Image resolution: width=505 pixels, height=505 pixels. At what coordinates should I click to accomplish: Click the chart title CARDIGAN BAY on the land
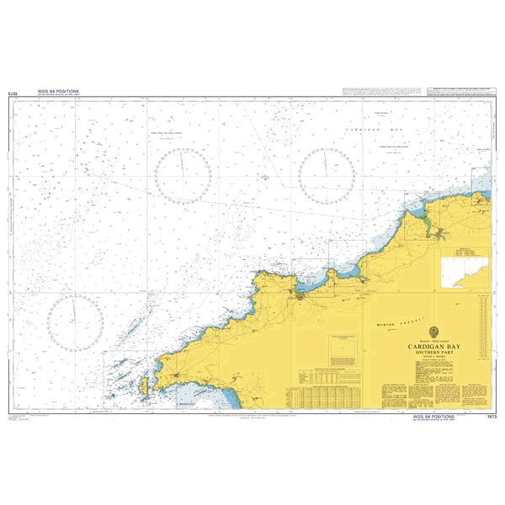tap(433, 345)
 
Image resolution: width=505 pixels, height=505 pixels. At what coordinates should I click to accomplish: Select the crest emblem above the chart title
tap(433, 331)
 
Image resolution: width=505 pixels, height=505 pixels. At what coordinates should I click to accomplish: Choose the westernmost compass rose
tap(75, 323)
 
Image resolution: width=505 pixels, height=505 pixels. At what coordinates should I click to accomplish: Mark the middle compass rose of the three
tap(182, 175)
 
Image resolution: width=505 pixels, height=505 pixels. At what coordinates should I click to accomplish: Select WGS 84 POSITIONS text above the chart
tap(58, 88)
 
